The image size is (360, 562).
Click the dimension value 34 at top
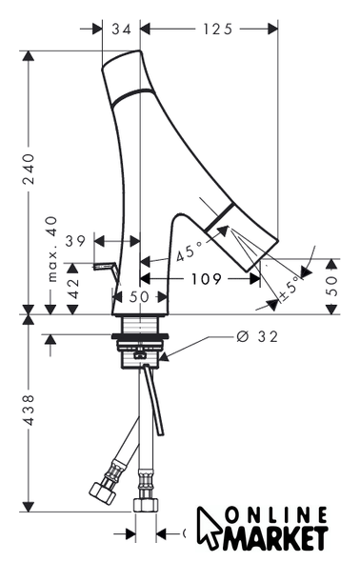click(x=122, y=29)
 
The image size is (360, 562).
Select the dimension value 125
click(x=218, y=29)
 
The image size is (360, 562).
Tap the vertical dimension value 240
click(x=29, y=169)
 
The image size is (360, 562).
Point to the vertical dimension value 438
click(x=29, y=410)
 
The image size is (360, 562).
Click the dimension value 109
click(x=207, y=278)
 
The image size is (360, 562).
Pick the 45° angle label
click(x=190, y=251)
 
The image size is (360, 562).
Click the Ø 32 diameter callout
click(x=257, y=336)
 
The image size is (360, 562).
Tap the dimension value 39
click(x=75, y=241)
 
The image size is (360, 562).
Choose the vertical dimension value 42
click(x=74, y=289)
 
